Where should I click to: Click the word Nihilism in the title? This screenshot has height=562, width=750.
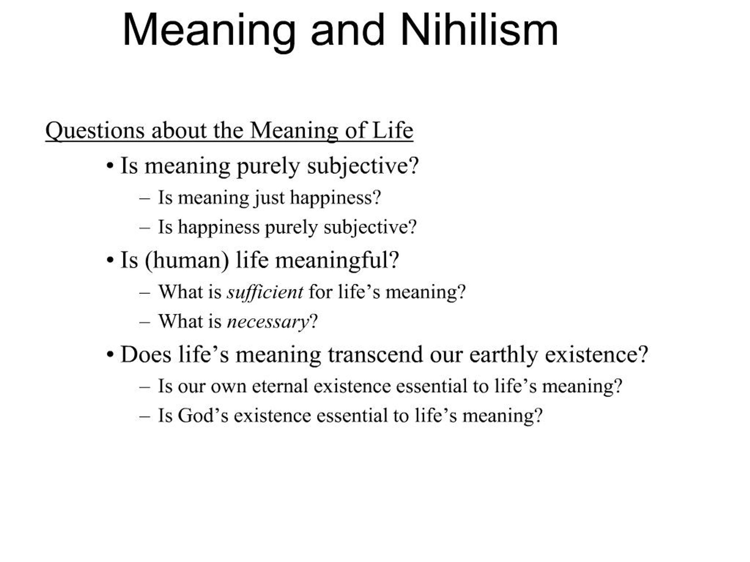click(479, 30)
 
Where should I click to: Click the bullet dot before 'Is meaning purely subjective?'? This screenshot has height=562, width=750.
click(110, 166)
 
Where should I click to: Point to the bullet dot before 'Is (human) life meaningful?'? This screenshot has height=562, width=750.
click(110, 261)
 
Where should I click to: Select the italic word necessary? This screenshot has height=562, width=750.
click(268, 321)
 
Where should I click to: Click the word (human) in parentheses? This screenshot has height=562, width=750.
click(187, 261)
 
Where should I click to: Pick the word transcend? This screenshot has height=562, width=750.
click(375, 355)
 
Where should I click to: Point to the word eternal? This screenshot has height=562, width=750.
click(280, 386)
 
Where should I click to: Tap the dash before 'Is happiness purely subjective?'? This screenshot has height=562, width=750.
click(144, 228)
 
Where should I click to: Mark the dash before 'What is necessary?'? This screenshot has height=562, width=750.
click(144, 322)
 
